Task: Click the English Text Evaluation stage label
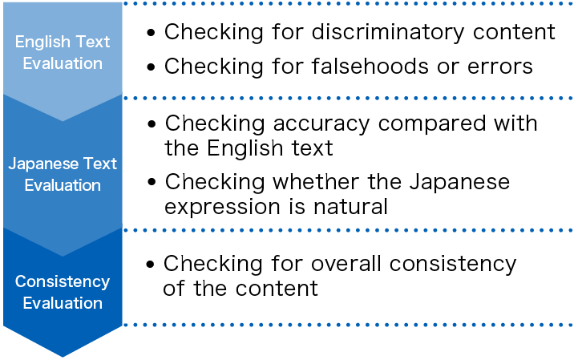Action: pyautogui.click(x=63, y=52)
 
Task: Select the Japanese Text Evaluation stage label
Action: pyautogui.click(x=63, y=174)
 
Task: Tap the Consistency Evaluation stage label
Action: pyautogui.click(x=63, y=292)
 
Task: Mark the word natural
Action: pyautogui.click(x=348, y=207)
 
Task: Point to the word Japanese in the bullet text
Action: pyautogui.click(x=458, y=182)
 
